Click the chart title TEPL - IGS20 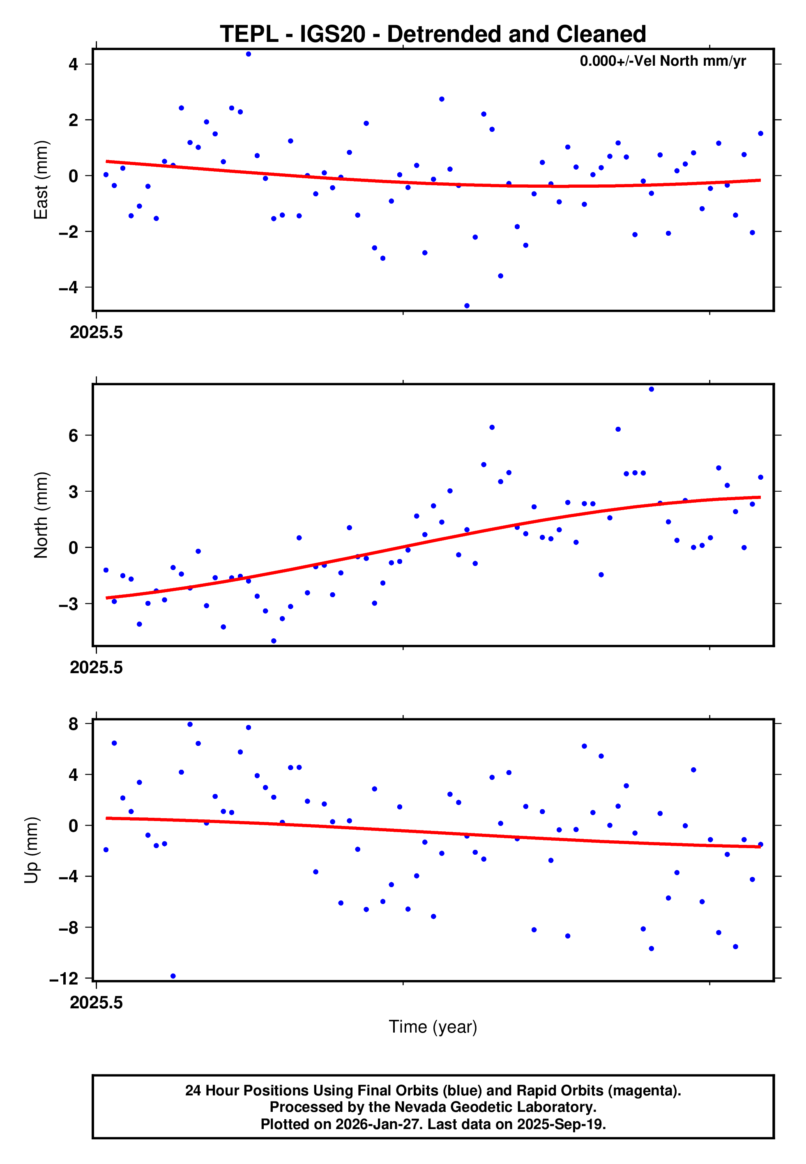coord(433,35)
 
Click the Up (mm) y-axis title coord(31,850)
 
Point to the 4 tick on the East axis coord(74,64)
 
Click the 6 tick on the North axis coord(74,436)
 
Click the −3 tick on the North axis coord(69,604)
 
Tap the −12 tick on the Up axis coord(64,979)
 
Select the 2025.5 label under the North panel coord(96,667)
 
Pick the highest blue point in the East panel coord(249,54)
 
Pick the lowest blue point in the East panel coord(467,306)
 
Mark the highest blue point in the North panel coord(652,389)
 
